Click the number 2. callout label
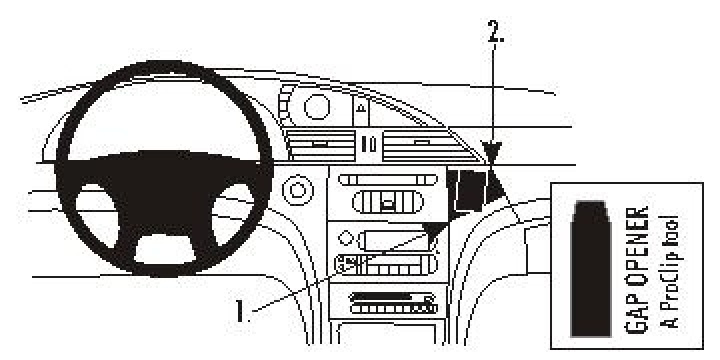point(496,32)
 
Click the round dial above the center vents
point(320,107)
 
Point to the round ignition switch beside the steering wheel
point(294,186)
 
